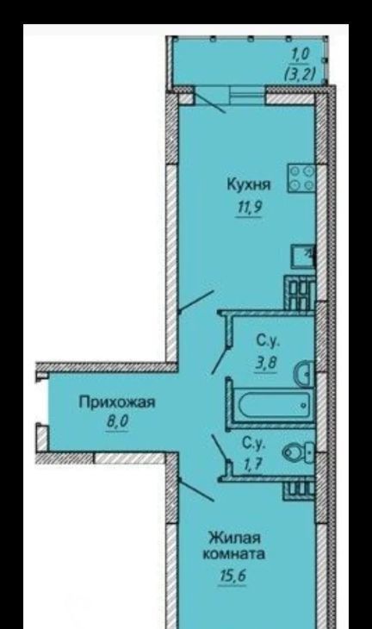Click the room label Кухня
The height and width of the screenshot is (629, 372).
(x=249, y=184)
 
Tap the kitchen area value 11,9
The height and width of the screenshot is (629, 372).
(x=250, y=208)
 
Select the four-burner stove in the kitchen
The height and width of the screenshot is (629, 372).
(x=301, y=178)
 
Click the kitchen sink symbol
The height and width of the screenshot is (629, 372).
(x=302, y=257)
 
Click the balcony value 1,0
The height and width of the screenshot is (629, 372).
(x=300, y=54)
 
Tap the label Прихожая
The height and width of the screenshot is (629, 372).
(x=116, y=402)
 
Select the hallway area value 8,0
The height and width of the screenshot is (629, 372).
(x=116, y=422)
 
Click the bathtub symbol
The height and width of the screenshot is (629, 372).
(x=275, y=405)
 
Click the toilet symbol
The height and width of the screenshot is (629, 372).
(x=299, y=452)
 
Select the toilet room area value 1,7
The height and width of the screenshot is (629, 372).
(x=253, y=464)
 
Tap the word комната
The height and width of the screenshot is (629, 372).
(x=234, y=554)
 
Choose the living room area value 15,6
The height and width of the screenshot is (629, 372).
(x=232, y=576)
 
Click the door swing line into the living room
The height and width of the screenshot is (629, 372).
(x=196, y=489)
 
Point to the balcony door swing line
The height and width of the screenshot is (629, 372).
(x=209, y=103)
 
